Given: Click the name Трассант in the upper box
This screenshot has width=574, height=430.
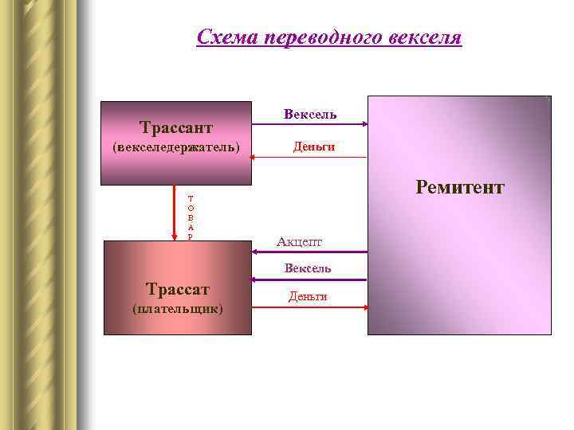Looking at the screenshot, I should click(175, 127).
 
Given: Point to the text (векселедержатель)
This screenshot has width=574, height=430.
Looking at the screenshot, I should click(175, 147).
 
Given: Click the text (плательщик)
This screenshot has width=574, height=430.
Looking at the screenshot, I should click(177, 307).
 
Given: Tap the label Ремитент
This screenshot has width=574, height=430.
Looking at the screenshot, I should click(459, 187).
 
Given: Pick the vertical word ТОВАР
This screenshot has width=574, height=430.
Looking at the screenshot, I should click(190, 217).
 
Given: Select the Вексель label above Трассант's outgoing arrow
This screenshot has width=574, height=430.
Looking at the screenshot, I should click(309, 115).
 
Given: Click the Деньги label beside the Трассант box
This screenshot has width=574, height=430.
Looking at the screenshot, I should click(313, 147).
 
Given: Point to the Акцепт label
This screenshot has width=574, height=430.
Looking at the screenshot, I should click(299, 241).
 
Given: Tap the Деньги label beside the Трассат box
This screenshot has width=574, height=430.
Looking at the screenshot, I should click(308, 296).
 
